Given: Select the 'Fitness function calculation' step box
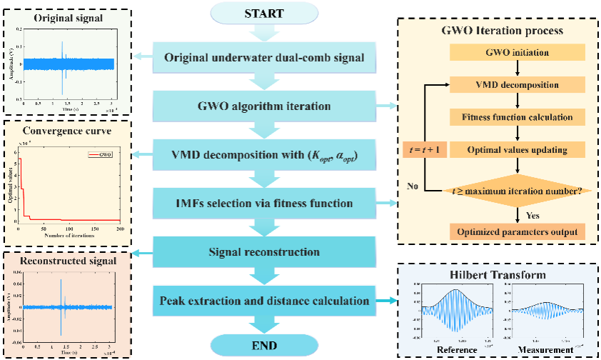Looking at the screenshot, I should pos(516,117).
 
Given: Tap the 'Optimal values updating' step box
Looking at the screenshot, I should pos(516,149).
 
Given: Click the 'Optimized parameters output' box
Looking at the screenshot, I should pos(516,232).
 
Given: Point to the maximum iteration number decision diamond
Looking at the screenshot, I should pos(516,190).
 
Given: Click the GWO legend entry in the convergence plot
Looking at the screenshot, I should pos(103,154).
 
